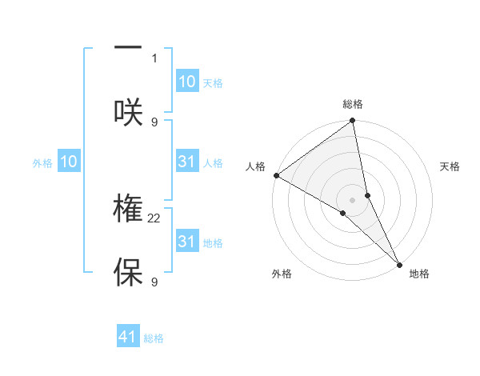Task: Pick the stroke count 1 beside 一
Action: tap(154, 58)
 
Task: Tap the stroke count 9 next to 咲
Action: tap(154, 122)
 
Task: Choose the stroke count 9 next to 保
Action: tap(154, 282)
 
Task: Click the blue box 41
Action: tap(128, 337)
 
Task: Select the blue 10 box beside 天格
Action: tap(186, 82)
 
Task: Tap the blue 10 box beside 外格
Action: tap(69, 162)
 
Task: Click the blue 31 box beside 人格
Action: tap(186, 162)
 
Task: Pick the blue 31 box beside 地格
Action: tap(186, 242)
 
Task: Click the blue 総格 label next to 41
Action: tap(154, 338)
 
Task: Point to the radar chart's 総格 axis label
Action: tap(353, 105)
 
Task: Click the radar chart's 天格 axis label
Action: tap(450, 166)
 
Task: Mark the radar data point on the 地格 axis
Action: tap(400, 264)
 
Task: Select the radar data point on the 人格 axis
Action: tap(276, 175)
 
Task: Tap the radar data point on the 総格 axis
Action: tap(353, 122)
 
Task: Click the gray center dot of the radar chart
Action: tap(353, 199)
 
